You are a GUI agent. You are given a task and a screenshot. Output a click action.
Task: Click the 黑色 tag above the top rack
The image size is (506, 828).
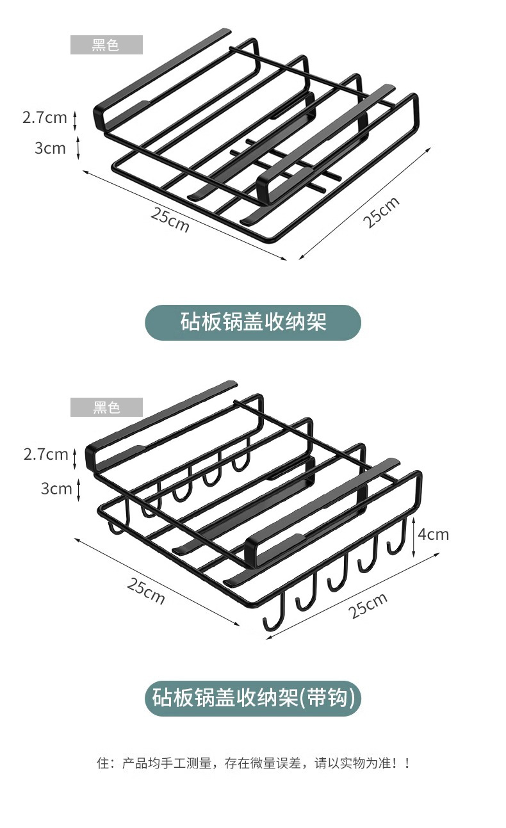(106, 45)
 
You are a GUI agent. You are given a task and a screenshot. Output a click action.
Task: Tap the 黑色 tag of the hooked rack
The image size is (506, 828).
(106, 407)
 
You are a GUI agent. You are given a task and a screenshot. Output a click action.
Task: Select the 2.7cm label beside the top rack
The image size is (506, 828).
(44, 117)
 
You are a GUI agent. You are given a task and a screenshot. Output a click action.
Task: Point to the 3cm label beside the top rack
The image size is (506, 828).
(50, 148)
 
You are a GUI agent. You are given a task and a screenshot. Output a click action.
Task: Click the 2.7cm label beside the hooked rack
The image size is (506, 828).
(45, 454)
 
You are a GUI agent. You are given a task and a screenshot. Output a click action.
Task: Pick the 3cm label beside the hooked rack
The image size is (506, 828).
(56, 489)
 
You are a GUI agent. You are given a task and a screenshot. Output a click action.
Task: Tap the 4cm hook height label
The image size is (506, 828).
(434, 533)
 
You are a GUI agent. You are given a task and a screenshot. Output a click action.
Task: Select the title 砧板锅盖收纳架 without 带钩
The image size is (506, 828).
(253, 322)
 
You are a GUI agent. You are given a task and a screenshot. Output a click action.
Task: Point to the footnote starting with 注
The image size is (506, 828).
(252, 763)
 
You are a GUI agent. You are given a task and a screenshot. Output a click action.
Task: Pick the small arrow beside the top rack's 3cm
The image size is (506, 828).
(78, 148)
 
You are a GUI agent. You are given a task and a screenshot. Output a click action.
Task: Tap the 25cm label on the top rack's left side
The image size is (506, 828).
(170, 220)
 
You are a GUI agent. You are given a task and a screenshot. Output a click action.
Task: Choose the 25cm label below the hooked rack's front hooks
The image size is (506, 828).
(368, 606)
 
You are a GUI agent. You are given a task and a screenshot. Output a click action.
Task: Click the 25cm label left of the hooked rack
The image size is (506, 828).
(145, 591)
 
